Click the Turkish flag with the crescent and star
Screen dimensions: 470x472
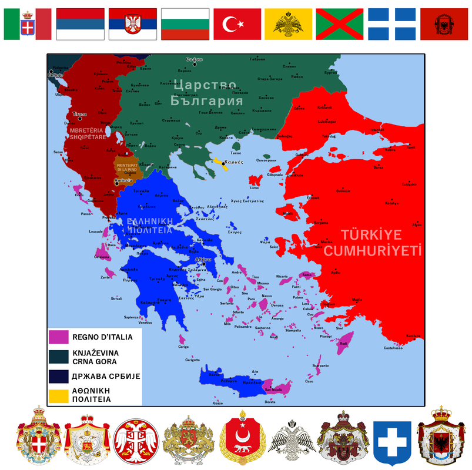[x=237, y=24]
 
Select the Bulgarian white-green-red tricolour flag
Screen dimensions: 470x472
[x=185, y=24]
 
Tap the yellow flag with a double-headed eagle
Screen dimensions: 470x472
[x=288, y=24]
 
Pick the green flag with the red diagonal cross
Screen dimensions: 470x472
[x=340, y=24]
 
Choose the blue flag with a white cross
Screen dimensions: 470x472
[x=392, y=24]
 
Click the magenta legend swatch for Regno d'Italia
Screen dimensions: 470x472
[x=59, y=337]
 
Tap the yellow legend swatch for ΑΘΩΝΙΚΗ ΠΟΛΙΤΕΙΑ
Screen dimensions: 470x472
[x=59, y=394]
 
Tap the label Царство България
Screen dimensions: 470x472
[x=207, y=93]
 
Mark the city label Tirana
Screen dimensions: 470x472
[x=79, y=113]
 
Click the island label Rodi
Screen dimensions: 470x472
[x=344, y=344]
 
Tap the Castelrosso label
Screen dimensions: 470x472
[x=393, y=348]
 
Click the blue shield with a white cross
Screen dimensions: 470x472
[x=392, y=438]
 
